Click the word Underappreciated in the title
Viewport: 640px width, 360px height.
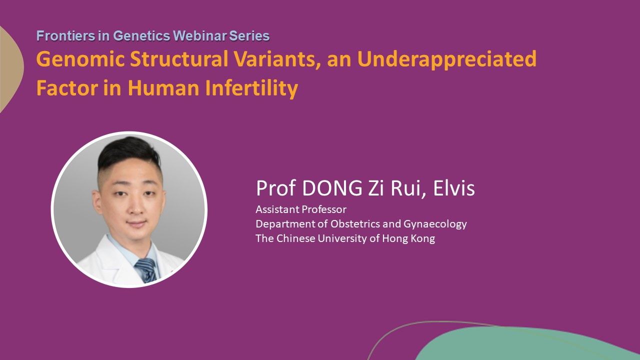[447, 59]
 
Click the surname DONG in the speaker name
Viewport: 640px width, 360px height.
[332, 188]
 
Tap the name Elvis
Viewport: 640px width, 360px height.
[454, 188]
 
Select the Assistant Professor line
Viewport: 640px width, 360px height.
[301, 209]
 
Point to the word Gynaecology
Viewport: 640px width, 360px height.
[435, 224]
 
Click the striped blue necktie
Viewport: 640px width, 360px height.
[146, 270]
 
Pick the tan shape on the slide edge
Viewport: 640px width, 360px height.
[10, 68]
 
